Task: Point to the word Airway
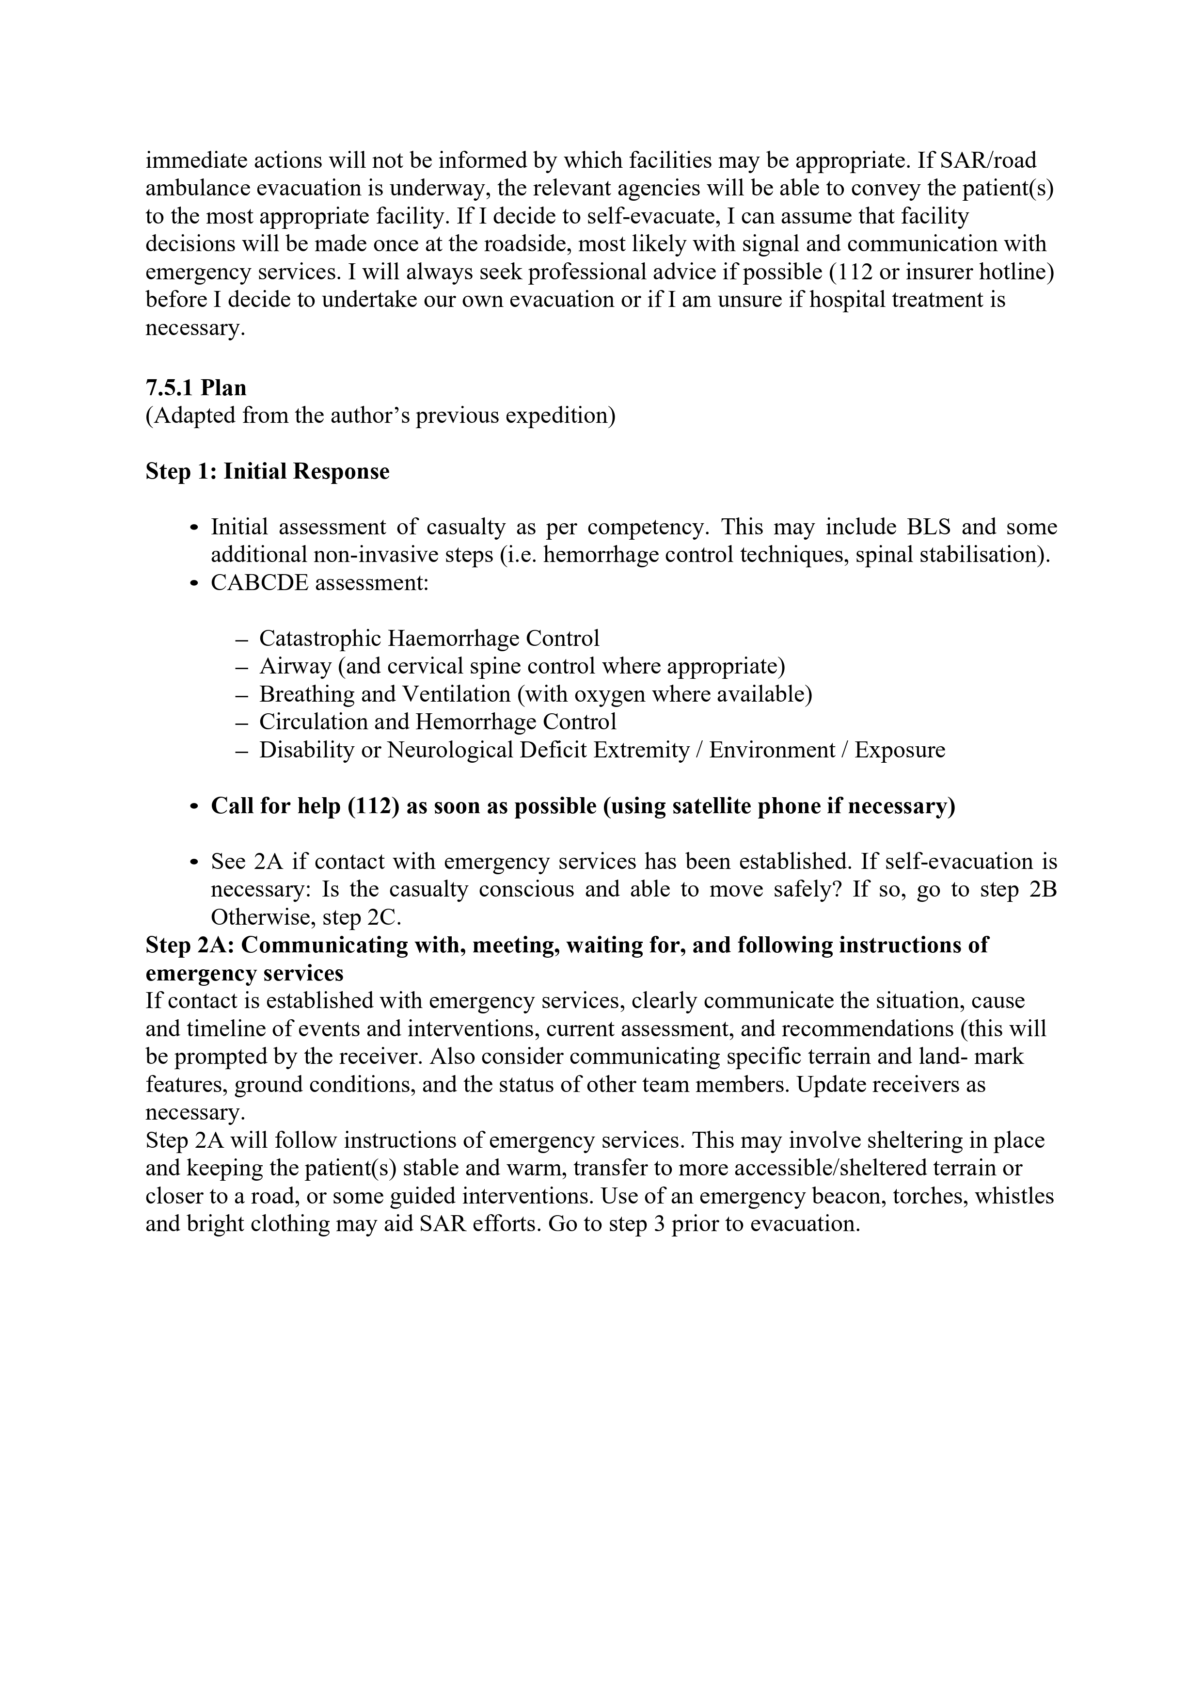click(295, 667)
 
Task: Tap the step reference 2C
click(384, 918)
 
